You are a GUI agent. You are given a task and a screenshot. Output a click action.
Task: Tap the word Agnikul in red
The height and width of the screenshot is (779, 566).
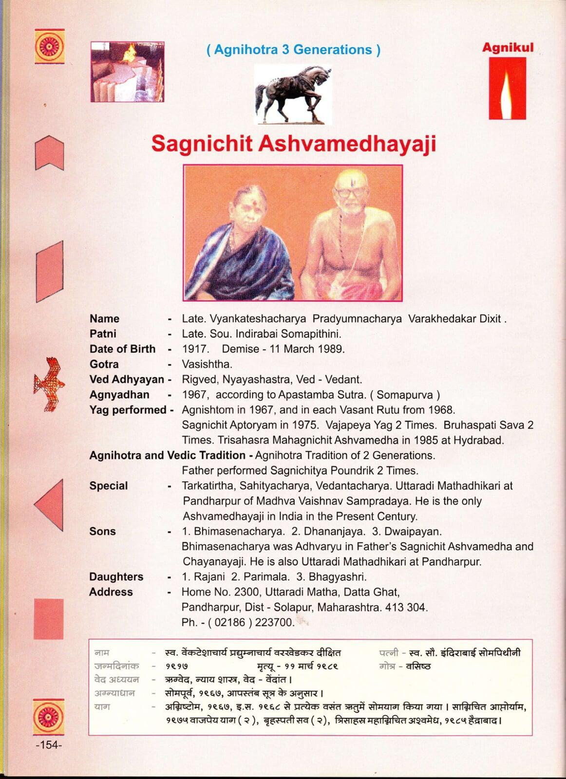[508, 48]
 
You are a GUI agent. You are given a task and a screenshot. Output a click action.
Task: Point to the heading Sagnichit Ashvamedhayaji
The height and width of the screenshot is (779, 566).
[293, 144]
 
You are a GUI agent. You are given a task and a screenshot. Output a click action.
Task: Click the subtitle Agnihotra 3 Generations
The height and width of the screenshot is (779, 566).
[293, 50]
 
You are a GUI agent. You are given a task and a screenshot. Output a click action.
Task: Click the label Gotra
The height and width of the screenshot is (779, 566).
[104, 364]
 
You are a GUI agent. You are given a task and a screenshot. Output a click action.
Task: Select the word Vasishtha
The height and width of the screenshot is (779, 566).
[207, 364]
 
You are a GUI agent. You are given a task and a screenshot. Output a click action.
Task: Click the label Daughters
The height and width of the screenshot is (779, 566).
[116, 577]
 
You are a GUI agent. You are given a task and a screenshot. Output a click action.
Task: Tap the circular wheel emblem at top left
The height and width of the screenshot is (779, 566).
[49, 46]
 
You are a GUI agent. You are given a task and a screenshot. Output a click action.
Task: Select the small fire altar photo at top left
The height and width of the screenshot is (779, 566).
[127, 72]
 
